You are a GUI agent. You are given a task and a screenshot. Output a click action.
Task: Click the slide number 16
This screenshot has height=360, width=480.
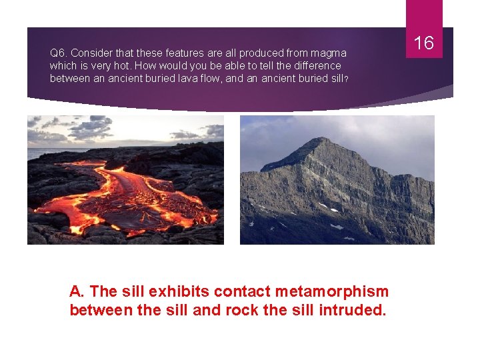[424, 43]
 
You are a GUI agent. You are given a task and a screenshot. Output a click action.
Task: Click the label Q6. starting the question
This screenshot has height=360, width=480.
[59, 53]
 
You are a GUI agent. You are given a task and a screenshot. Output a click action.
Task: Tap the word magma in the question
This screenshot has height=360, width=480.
[330, 53]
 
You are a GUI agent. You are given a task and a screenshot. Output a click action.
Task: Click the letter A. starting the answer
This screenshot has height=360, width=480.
[77, 291]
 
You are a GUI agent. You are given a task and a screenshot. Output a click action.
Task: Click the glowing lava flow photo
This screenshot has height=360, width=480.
[125, 180]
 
